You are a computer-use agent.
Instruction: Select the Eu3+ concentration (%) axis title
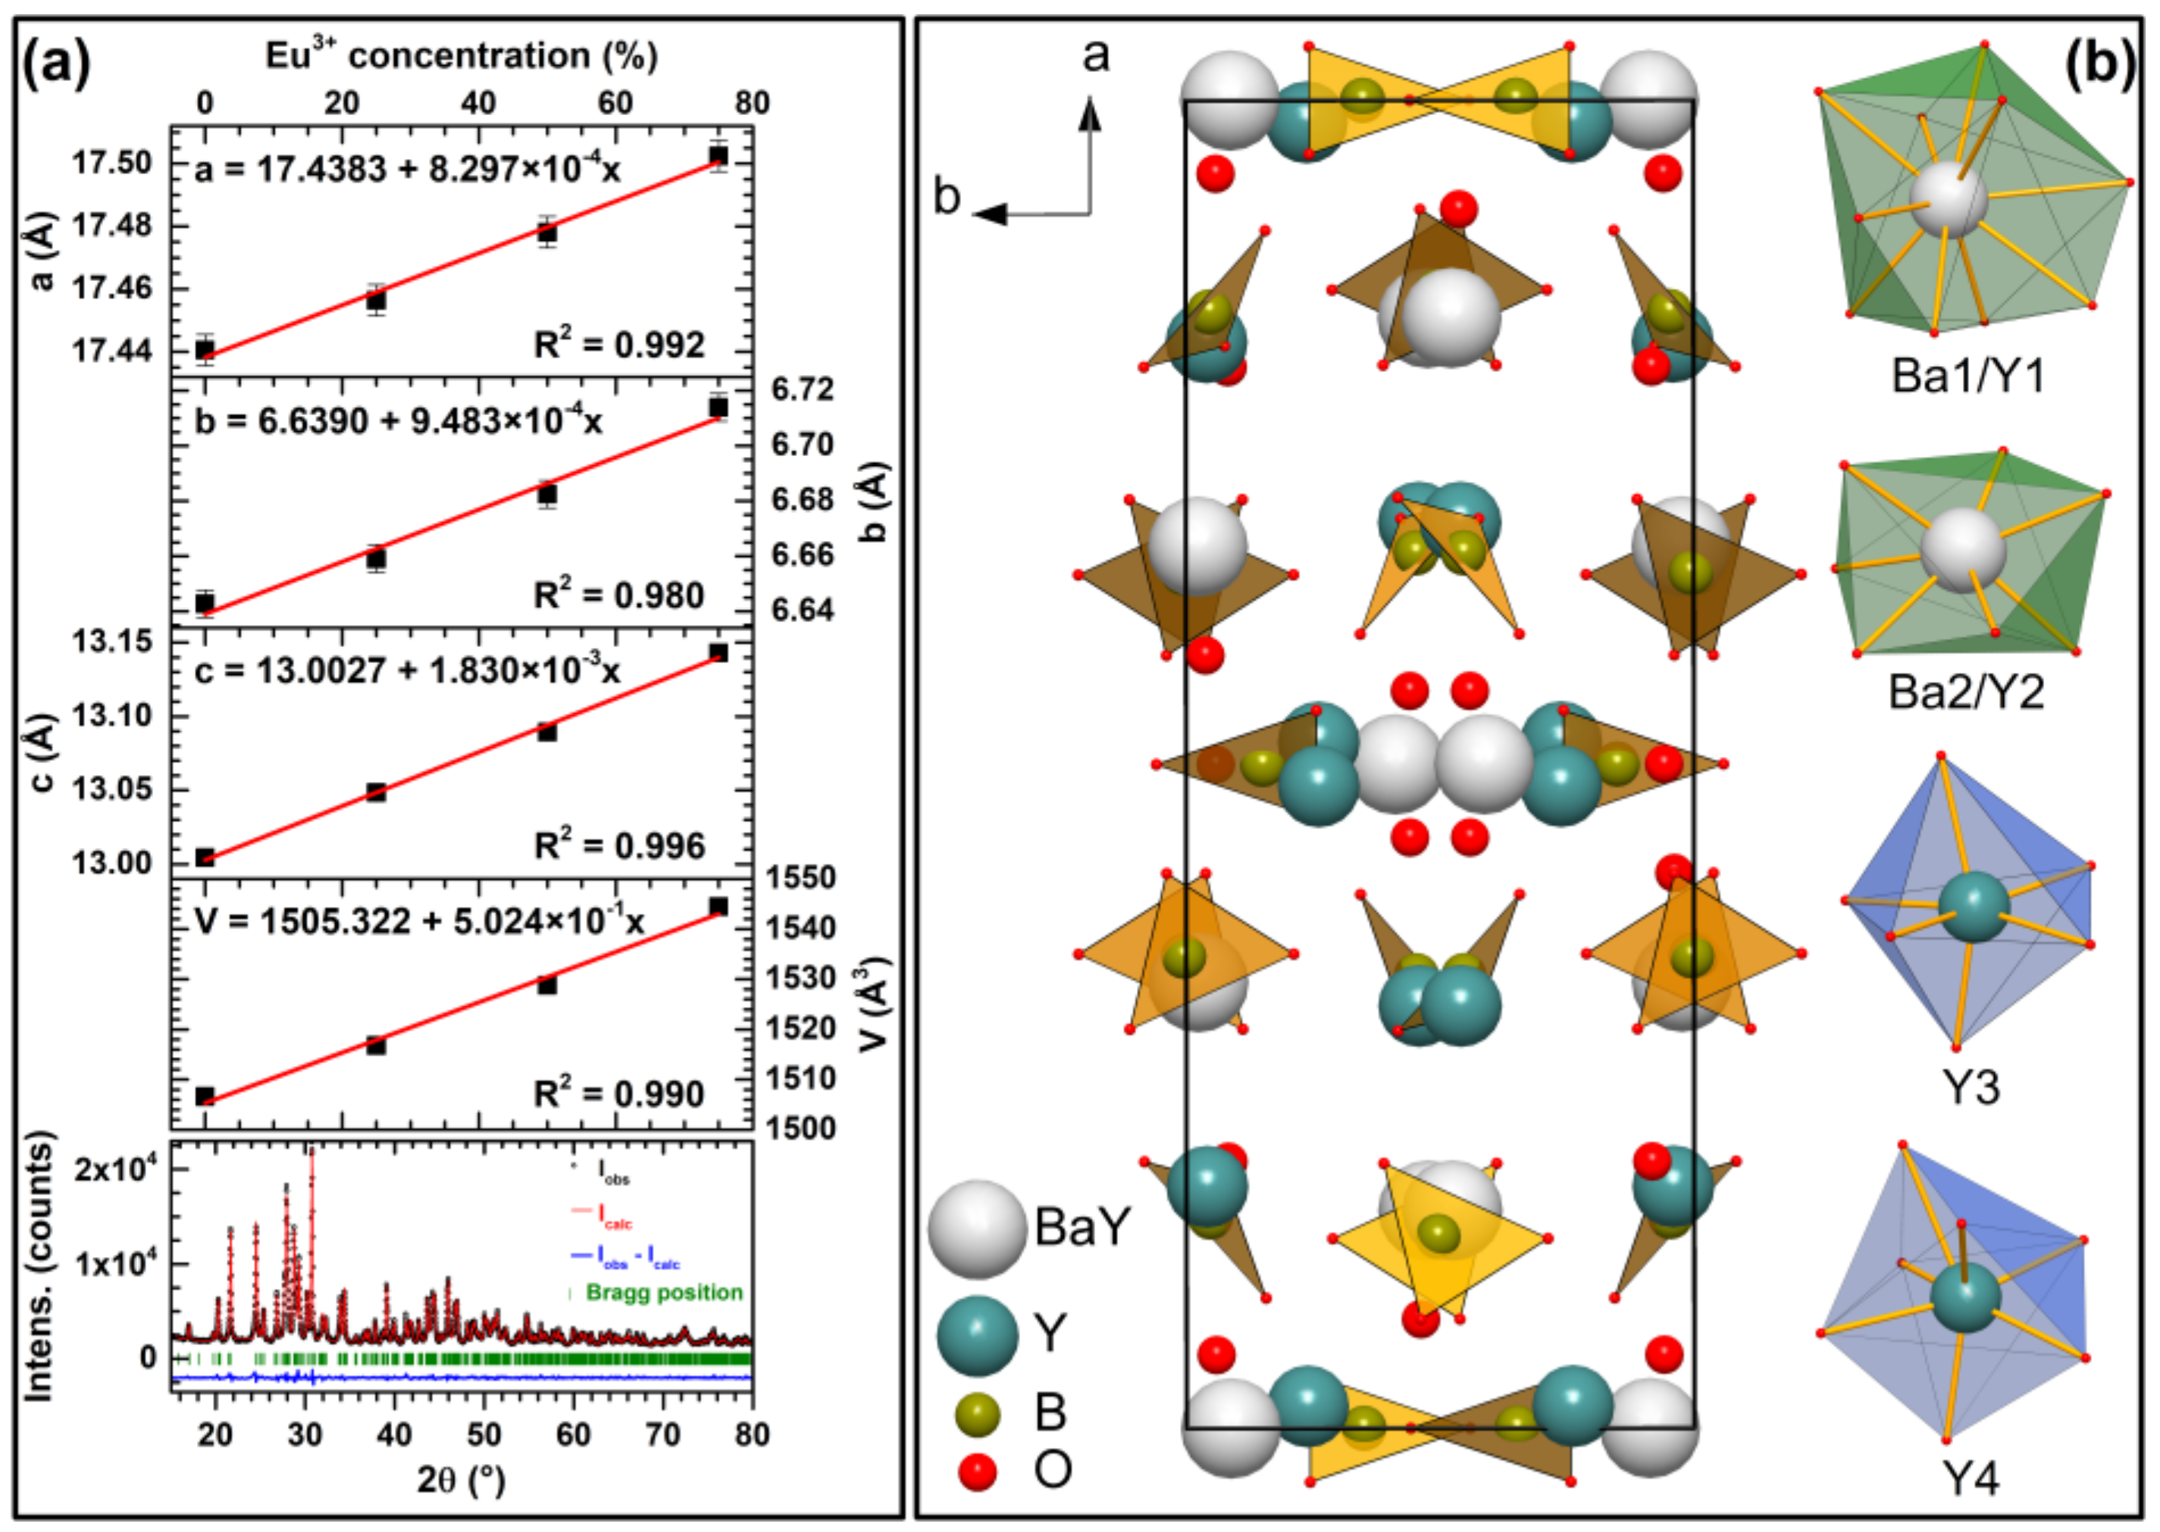461,57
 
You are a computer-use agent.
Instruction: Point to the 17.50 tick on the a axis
111,163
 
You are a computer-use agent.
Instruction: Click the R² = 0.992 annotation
619,345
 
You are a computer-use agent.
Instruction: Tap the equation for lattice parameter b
398,421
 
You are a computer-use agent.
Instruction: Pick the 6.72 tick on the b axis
802,389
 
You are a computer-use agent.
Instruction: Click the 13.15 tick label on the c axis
111,643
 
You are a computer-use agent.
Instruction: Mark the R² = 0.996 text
619,846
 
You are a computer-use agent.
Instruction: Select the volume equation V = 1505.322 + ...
419,921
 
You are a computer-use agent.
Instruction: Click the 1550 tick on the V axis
800,878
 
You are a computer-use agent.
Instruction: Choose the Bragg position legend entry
663,1292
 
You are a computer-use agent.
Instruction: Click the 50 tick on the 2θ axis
483,1435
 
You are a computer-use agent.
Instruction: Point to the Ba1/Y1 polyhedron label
1968,377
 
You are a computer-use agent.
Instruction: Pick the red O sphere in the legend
977,1471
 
